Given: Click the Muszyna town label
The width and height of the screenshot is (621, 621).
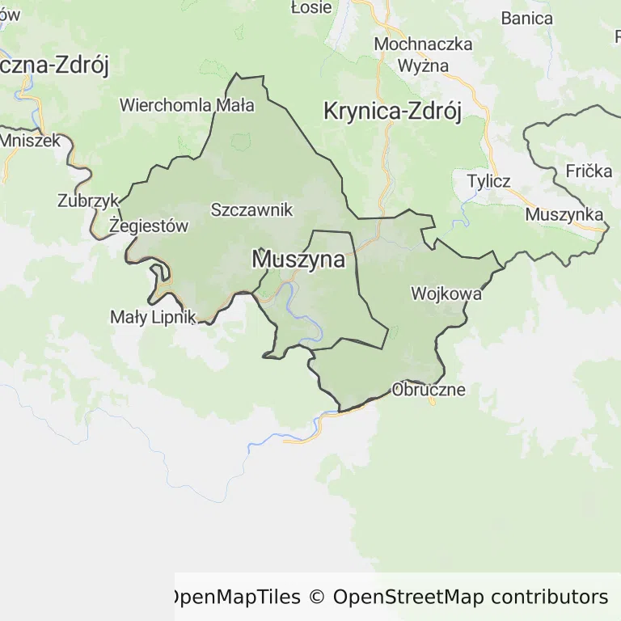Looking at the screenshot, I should (298, 260).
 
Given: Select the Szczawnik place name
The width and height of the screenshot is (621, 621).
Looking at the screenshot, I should (251, 209).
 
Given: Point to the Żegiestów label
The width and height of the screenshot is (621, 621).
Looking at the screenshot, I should (149, 226).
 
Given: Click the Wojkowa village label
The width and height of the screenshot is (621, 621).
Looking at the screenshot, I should (446, 294).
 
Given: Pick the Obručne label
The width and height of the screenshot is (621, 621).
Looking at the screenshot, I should (429, 389).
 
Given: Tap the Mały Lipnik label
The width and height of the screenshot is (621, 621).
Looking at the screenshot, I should (154, 317).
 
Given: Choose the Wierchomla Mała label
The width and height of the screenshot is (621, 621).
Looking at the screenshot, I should (187, 105).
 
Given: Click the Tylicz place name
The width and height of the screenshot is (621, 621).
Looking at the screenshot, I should (488, 180).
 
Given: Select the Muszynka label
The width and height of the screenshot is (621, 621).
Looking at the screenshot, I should (564, 214).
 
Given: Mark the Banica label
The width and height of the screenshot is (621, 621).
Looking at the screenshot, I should (526, 18).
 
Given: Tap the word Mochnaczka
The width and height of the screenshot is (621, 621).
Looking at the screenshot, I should (423, 44).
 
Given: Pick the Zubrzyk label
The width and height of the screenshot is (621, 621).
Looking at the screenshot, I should (88, 201).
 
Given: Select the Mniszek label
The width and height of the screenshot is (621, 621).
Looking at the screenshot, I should (31, 140).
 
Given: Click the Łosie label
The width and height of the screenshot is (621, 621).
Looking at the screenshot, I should (310, 7).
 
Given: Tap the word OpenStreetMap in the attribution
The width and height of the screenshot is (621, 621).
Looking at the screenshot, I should (408, 598).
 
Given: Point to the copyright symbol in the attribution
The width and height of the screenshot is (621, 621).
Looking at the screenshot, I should (316, 598).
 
